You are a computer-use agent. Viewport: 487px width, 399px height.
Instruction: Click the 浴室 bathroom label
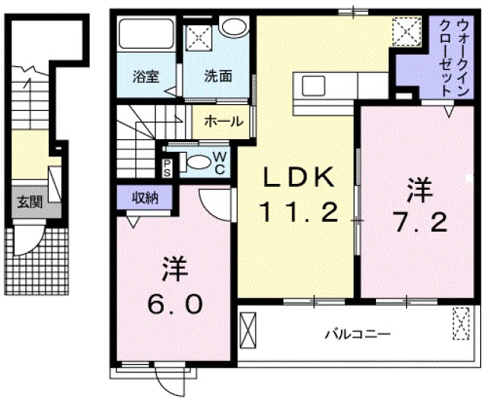[x=143, y=76]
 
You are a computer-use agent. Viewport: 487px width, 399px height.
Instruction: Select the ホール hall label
[x=224, y=121]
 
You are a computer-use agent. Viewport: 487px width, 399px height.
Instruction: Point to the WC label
[x=219, y=161]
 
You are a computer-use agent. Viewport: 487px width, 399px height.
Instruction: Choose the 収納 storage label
[x=145, y=198]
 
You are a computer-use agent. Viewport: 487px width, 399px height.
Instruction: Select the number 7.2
[x=415, y=222]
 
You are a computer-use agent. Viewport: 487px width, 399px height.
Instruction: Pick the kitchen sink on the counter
[x=314, y=86]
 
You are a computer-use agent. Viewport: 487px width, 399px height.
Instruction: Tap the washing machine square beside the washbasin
[x=199, y=35]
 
